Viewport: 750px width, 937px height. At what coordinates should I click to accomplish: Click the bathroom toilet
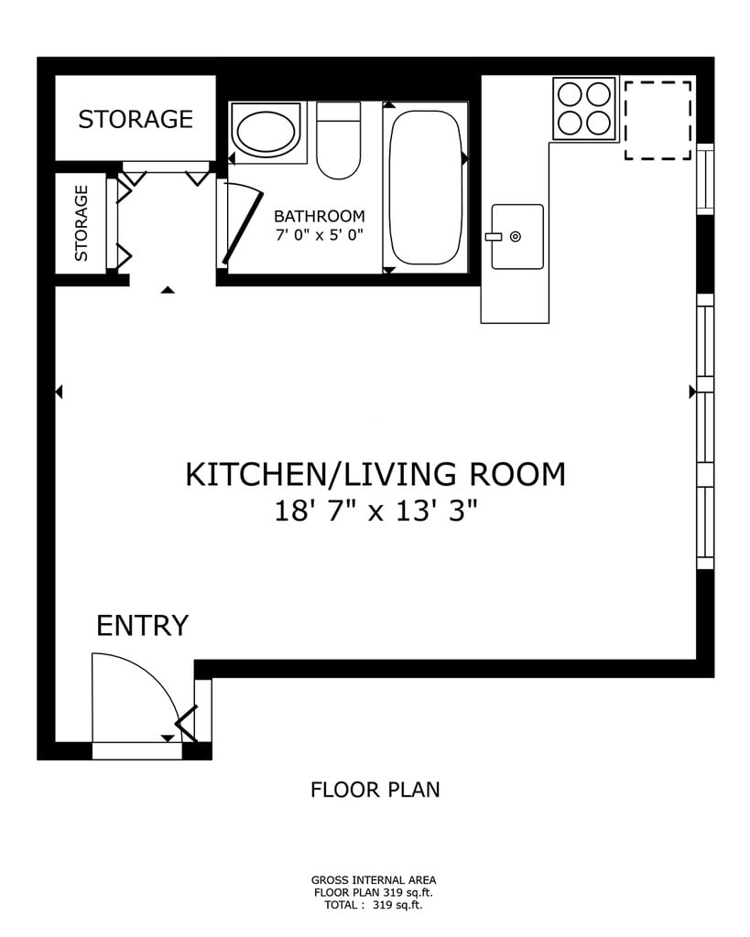339,140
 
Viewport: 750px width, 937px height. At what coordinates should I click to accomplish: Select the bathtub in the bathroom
425,188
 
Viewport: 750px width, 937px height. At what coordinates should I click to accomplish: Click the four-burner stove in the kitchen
584,109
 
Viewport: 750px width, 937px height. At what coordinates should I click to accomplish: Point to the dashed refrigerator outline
658,121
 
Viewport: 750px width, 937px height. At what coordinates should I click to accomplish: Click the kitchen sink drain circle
515,237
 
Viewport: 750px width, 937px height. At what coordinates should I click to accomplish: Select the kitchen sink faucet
494,237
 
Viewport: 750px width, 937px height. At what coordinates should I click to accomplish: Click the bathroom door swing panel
243,228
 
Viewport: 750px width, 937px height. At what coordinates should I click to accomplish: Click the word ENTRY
142,626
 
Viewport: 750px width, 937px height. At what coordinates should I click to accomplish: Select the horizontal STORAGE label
136,120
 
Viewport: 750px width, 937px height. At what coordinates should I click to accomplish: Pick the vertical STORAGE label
82,223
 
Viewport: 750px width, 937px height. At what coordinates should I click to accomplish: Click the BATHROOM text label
320,216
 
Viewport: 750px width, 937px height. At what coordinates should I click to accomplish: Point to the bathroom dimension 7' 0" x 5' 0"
320,235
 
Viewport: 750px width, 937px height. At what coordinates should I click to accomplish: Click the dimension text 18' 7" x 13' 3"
375,511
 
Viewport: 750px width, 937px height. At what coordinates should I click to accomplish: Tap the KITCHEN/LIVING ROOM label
375,475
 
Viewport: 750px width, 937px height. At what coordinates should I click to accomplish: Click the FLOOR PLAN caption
375,790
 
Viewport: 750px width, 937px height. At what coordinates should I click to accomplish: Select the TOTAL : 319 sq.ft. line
374,905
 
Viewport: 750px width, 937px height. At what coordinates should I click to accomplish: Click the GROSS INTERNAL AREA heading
374,879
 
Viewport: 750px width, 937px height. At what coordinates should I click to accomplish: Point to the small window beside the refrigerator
706,179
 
